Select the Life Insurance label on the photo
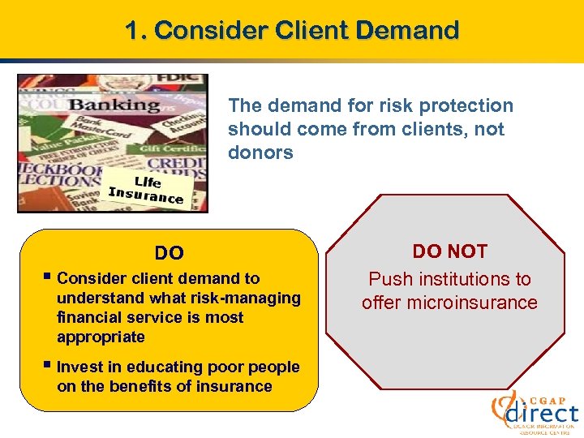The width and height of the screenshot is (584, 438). pyautogui.click(x=146, y=188)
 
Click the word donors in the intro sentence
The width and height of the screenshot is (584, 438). pyautogui.click(x=260, y=152)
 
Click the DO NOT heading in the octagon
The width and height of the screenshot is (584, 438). pyautogui.click(x=449, y=251)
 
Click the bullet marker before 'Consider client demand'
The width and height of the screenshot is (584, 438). pyautogui.click(x=49, y=278)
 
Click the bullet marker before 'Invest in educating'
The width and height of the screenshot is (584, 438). pyautogui.click(x=49, y=367)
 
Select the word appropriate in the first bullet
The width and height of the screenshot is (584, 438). pyautogui.click(x=101, y=337)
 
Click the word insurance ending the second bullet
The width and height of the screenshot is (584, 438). pyautogui.click(x=236, y=386)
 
